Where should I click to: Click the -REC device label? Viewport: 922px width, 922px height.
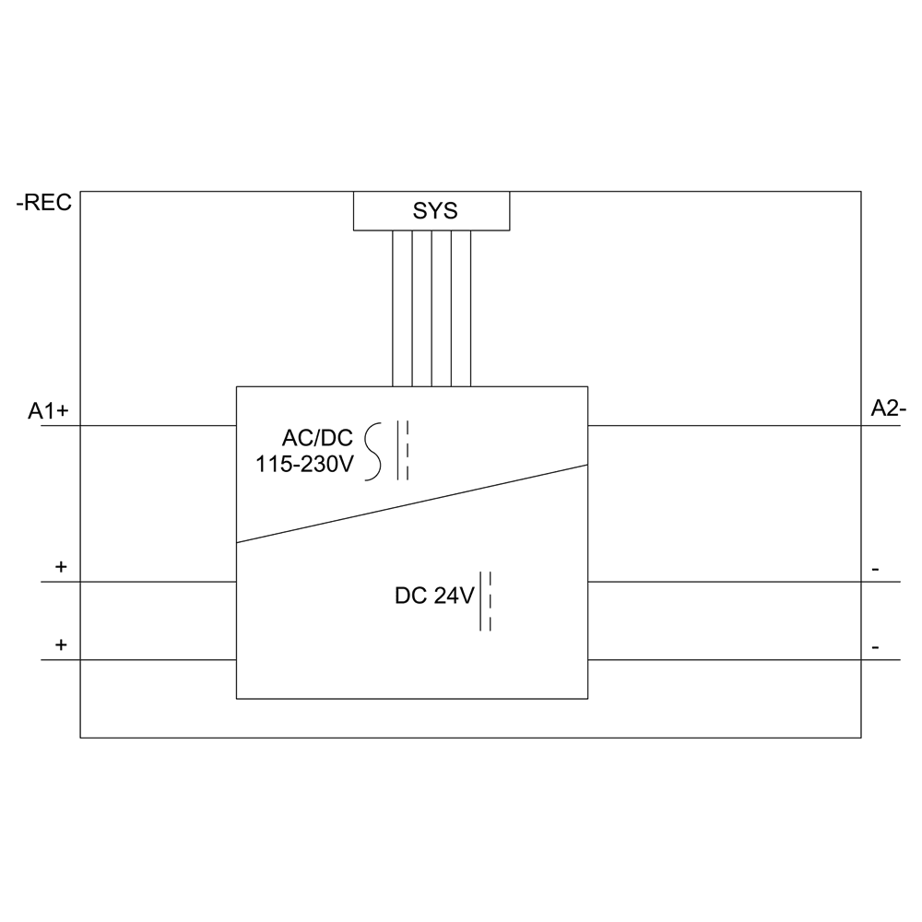coord(43,204)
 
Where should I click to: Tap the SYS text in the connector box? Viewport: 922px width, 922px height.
coord(434,211)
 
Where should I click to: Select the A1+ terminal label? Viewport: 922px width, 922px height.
coord(49,411)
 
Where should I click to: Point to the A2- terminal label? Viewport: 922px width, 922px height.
coord(889,409)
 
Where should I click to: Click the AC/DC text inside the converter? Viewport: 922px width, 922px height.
coord(318,439)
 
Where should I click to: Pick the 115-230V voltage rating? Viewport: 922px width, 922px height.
coord(304,465)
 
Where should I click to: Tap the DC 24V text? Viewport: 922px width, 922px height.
coord(434,597)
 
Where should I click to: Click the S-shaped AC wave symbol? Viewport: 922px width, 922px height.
coord(373,452)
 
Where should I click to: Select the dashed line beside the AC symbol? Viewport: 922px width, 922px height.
coord(408,452)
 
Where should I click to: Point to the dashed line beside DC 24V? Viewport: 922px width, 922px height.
coord(491,602)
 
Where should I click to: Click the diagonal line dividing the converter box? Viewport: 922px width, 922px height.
coord(412,504)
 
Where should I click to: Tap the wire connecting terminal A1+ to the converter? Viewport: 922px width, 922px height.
coord(138,426)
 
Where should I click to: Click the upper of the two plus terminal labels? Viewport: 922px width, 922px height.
coord(61,567)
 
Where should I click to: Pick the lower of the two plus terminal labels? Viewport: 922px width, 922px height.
coord(61,645)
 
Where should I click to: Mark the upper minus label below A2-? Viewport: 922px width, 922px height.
coord(875,570)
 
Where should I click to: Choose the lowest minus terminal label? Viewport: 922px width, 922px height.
coord(875,648)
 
